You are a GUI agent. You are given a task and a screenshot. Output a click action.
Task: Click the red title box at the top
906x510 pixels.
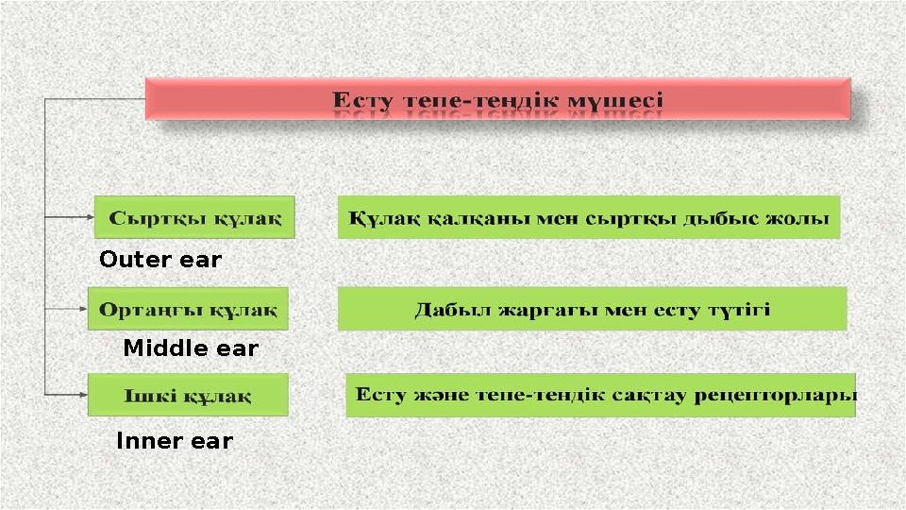pyautogui.click(x=498, y=98)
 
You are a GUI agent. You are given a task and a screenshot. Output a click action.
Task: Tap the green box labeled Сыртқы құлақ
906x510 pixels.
pyautogui.click(x=195, y=217)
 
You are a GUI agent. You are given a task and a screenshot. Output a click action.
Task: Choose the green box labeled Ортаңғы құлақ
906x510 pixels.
pyautogui.click(x=188, y=309)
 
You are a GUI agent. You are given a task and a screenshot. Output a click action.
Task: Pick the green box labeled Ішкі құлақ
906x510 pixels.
pyautogui.click(x=188, y=395)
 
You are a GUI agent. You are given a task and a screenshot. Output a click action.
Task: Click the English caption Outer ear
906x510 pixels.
pyautogui.click(x=160, y=260)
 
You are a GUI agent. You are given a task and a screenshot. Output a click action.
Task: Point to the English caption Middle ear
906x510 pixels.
pyautogui.click(x=191, y=348)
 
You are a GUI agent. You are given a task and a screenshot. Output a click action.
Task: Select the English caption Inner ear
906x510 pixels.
pyautogui.click(x=174, y=441)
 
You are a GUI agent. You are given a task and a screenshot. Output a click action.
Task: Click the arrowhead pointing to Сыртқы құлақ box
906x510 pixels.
pyautogui.click(x=87, y=217)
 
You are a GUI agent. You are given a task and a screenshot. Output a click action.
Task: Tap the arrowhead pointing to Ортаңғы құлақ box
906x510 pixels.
pyautogui.click(x=81, y=308)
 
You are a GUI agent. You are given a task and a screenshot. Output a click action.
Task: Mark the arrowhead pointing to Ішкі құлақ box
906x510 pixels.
pyautogui.click(x=81, y=394)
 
